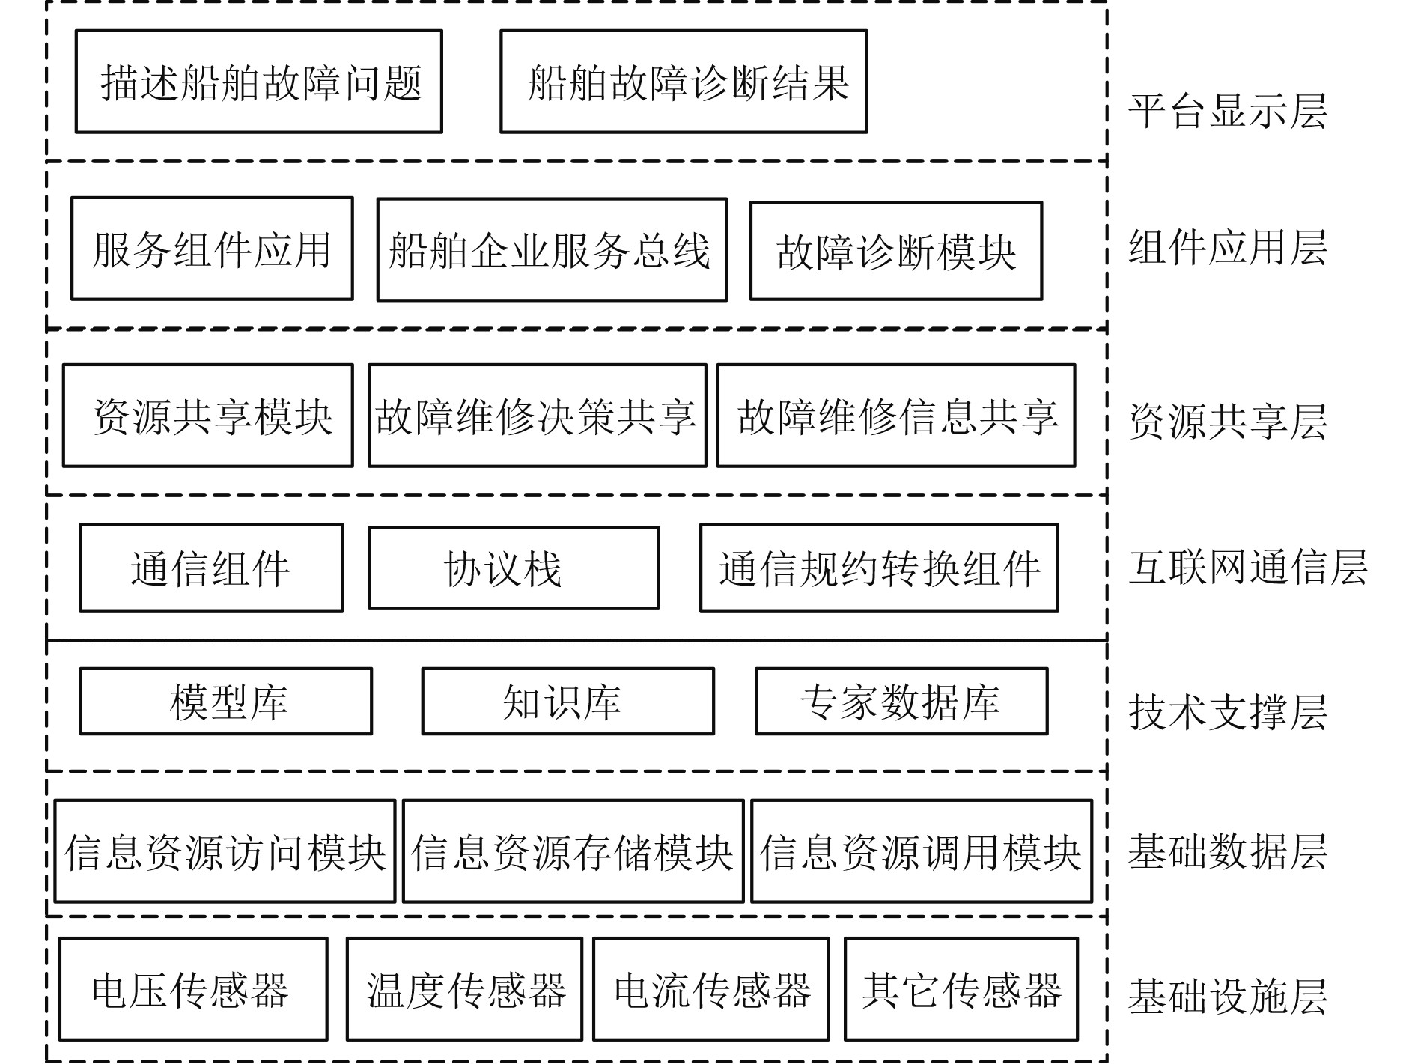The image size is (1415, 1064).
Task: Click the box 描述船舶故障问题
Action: (259, 82)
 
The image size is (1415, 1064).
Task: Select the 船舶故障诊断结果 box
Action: (684, 82)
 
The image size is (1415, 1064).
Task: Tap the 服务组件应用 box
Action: (212, 249)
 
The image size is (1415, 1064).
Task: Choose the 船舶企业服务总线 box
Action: (552, 249)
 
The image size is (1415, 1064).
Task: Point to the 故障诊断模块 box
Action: (896, 251)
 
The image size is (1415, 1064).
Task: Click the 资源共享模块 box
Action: (207, 416)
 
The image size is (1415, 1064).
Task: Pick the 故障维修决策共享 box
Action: (537, 416)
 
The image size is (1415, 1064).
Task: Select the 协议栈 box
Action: (514, 568)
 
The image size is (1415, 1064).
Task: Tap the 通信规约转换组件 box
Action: (879, 568)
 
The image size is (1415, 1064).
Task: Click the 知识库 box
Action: (567, 702)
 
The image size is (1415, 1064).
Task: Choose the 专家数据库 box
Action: (901, 702)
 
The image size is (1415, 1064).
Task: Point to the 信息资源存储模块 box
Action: (573, 851)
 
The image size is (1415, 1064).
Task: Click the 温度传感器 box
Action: (464, 989)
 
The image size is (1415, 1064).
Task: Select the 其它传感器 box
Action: (961, 989)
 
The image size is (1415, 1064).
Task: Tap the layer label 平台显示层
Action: (1228, 111)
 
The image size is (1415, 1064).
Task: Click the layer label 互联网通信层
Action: (1248, 567)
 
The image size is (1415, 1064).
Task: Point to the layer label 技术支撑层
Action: (1228, 711)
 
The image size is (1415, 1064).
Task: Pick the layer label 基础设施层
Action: (1228, 996)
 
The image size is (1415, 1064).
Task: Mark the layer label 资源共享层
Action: (1228, 422)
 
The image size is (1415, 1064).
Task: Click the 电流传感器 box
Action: (711, 989)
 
